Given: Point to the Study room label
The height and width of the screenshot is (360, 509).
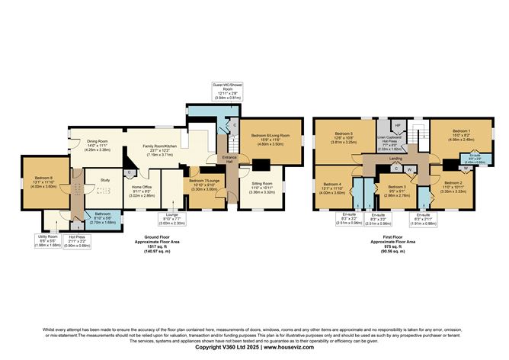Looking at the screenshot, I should coord(96,180).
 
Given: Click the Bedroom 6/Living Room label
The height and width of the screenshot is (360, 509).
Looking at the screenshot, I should coord(261,139).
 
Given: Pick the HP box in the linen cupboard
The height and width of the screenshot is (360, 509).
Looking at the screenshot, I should coord(397,124).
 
